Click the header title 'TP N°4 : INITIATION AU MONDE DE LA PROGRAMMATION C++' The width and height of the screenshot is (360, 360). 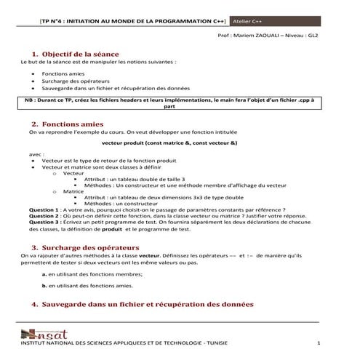(133, 23)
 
